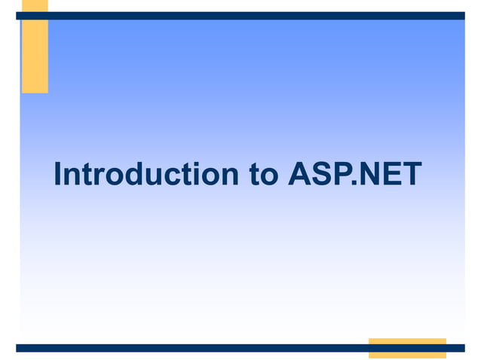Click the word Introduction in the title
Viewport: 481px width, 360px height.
tap(146, 175)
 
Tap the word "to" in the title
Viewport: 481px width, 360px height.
tap(262, 175)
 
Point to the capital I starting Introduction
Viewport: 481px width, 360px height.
tap(59, 175)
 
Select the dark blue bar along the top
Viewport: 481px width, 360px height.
tap(249, 15)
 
